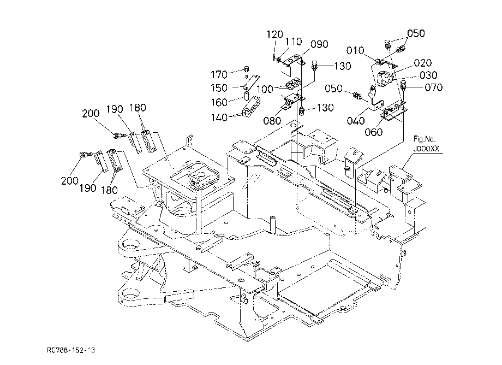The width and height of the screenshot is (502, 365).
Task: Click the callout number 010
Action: tap(355, 51)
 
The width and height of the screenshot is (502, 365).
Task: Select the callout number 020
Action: tap(422, 63)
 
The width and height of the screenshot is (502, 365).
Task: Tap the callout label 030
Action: tap(428, 75)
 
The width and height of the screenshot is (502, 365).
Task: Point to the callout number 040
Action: tap(355, 121)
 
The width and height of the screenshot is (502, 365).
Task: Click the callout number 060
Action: tap(374, 132)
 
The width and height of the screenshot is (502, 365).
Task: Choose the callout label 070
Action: tap(433, 87)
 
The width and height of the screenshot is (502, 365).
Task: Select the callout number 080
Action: tap(272, 121)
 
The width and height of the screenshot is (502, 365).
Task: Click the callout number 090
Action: tap(319, 44)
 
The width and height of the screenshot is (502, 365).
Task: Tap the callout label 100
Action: tap(265, 89)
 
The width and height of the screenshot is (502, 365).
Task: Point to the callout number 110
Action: tap(294, 42)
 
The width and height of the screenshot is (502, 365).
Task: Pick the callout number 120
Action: tap(274, 34)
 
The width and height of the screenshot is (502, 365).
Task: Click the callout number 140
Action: tap(219, 117)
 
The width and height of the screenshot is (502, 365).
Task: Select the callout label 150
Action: tap(219, 88)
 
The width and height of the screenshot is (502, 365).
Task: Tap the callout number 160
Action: tap(219, 103)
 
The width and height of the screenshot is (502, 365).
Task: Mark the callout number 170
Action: tap(219, 75)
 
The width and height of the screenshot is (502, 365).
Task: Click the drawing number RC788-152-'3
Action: tap(71, 350)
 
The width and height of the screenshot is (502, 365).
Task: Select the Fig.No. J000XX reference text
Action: tap(426, 144)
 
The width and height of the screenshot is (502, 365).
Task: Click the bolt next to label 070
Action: tap(403, 86)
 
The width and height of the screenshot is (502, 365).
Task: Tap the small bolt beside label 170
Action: tap(247, 69)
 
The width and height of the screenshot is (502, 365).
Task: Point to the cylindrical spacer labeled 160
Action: tap(247, 96)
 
